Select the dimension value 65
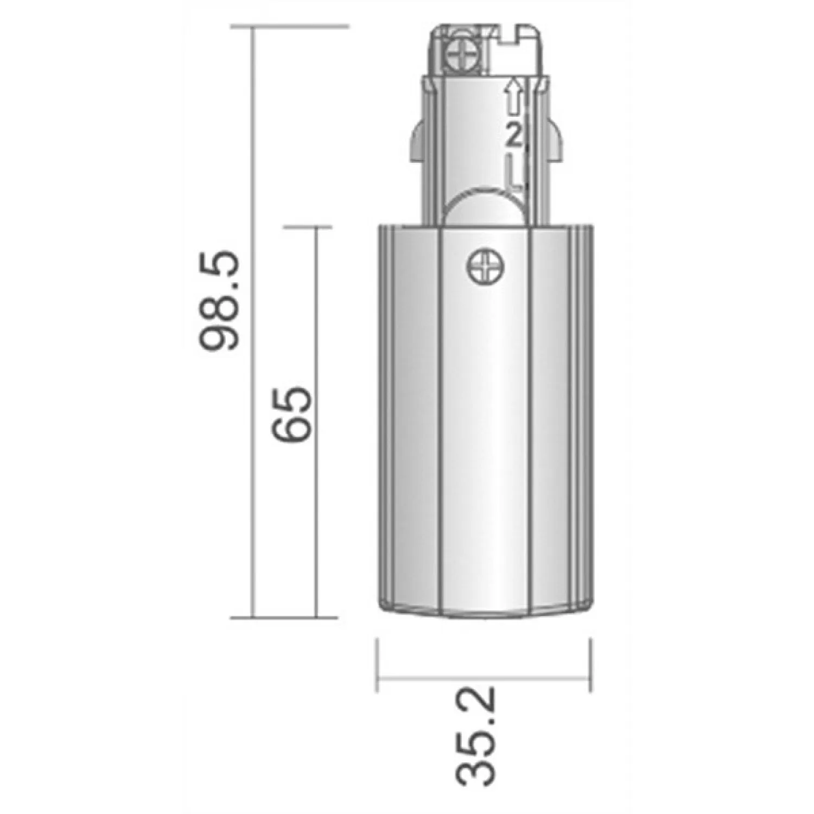pyautogui.click(x=293, y=415)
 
